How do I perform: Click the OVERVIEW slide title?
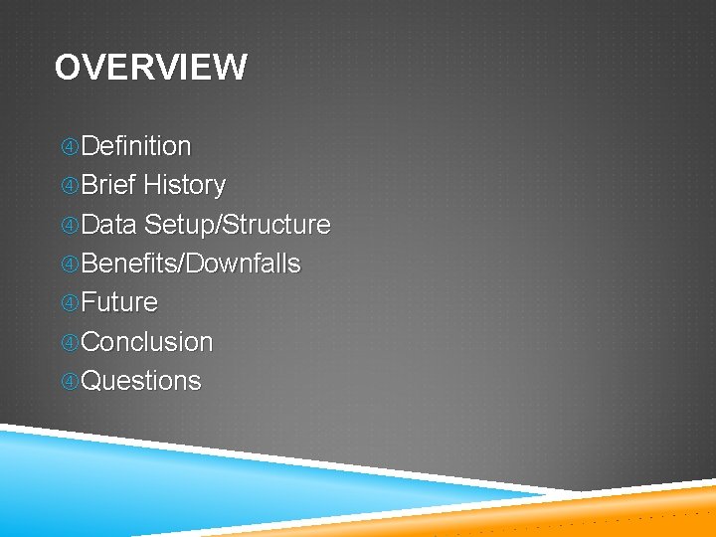tap(150, 68)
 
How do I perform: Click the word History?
tap(184, 185)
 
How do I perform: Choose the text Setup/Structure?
tap(237, 225)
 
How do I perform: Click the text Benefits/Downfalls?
tap(190, 264)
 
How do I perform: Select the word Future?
tap(119, 302)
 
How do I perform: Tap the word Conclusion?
tap(146, 342)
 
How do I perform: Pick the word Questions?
tap(140, 381)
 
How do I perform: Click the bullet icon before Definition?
tap(69, 147)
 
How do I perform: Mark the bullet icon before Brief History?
tap(69, 186)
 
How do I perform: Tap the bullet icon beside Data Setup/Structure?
tap(69, 226)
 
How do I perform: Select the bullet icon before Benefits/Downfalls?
tap(69, 265)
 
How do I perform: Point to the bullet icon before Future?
tap(69, 303)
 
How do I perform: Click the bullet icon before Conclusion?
tap(69, 343)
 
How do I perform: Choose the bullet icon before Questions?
tap(69, 382)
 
